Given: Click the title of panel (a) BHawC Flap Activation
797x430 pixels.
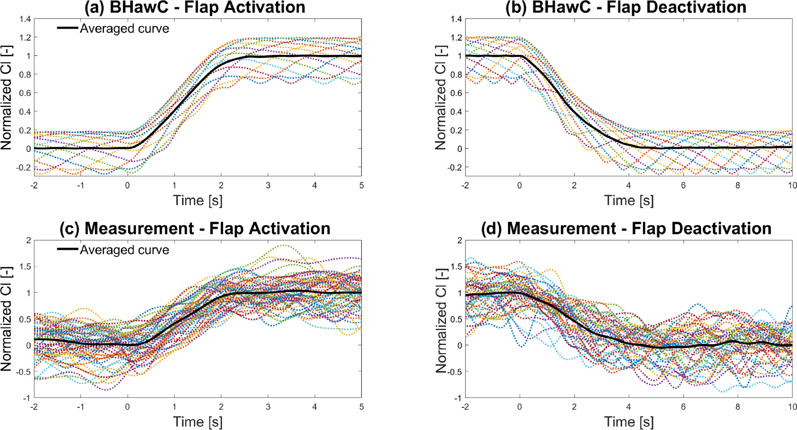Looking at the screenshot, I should pyautogui.click(x=195, y=7).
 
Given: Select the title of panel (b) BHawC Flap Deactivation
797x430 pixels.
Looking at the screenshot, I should pyautogui.click(x=626, y=7).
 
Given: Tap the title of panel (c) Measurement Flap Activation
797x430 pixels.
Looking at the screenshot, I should pyautogui.click(x=195, y=228).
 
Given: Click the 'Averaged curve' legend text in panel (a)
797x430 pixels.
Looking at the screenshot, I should pyautogui.click(x=124, y=29).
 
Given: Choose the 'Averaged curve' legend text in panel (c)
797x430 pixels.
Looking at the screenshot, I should pyautogui.click(x=124, y=250).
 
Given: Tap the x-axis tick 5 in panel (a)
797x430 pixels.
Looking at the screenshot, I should pyautogui.click(x=361, y=186).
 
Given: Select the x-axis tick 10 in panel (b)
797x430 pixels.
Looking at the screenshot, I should pyautogui.click(x=792, y=186).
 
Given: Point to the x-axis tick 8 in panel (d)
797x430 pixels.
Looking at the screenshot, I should pyautogui.click(x=738, y=407).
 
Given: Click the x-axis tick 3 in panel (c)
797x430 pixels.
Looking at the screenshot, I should pyautogui.click(x=268, y=407).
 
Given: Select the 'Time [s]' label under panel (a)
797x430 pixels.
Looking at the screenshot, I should pyautogui.click(x=197, y=201).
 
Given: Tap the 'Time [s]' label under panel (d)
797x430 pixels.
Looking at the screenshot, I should pyautogui.click(x=629, y=422).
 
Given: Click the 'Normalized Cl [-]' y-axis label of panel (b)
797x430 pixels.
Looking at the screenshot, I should pyautogui.click(x=440, y=98).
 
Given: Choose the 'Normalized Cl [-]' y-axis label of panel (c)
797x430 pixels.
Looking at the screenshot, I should pyautogui.click(x=7, y=319).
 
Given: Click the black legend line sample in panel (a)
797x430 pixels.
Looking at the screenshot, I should pyautogui.click(x=67, y=28).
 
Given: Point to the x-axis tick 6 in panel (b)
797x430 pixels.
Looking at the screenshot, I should pyautogui.click(x=683, y=186).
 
